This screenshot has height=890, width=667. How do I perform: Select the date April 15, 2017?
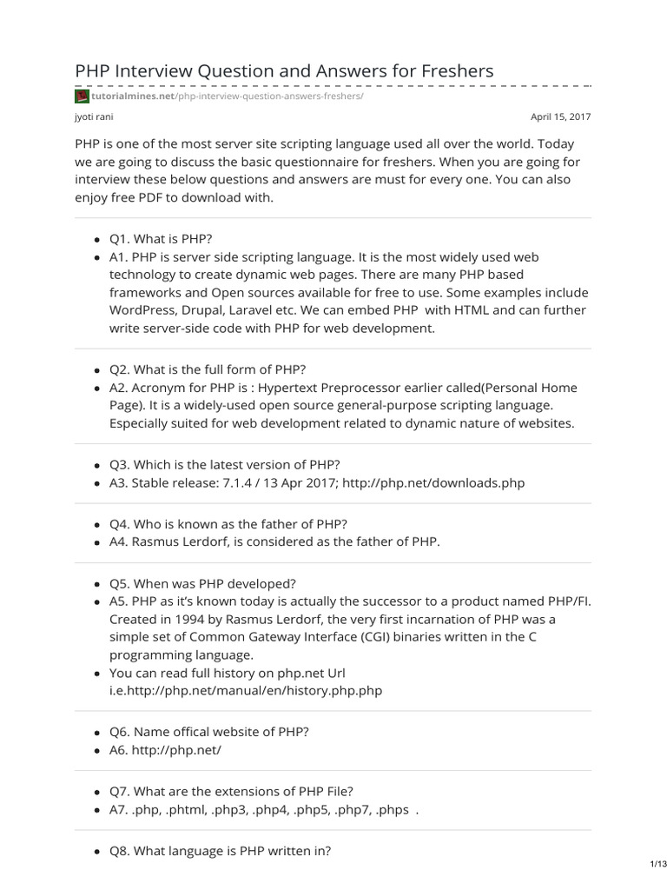point(560,116)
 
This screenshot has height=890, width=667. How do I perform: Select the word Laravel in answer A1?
point(256,310)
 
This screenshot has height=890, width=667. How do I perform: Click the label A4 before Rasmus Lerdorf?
point(118,541)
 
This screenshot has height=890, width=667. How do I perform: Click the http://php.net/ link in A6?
point(176,750)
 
